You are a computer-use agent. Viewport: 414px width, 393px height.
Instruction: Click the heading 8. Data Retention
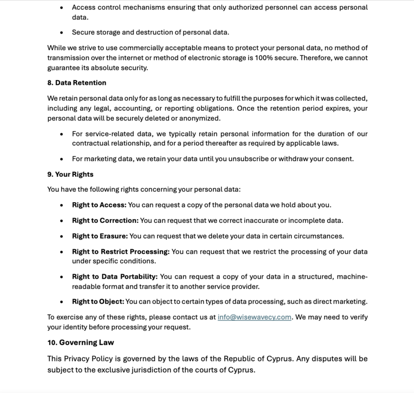click(x=77, y=82)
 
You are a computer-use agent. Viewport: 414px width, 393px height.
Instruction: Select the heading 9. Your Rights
click(x=70, y=175)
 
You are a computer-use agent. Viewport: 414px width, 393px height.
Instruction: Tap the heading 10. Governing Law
click(x=80, y=342)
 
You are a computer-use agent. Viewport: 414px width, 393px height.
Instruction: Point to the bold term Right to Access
click(x=99, y=205)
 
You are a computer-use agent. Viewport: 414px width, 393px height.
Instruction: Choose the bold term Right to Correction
click(x=105, y=221)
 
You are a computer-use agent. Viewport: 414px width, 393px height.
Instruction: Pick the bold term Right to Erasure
click(x=99, y=236)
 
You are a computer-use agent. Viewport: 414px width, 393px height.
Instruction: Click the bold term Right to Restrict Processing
click(x=121, y=252)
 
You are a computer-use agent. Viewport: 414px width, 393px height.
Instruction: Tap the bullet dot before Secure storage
click(x=62, y=32)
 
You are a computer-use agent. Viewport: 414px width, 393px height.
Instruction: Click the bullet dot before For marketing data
click(x=62, y=159)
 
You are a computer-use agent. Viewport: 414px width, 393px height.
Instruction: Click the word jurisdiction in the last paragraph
click(x=166, y=370)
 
